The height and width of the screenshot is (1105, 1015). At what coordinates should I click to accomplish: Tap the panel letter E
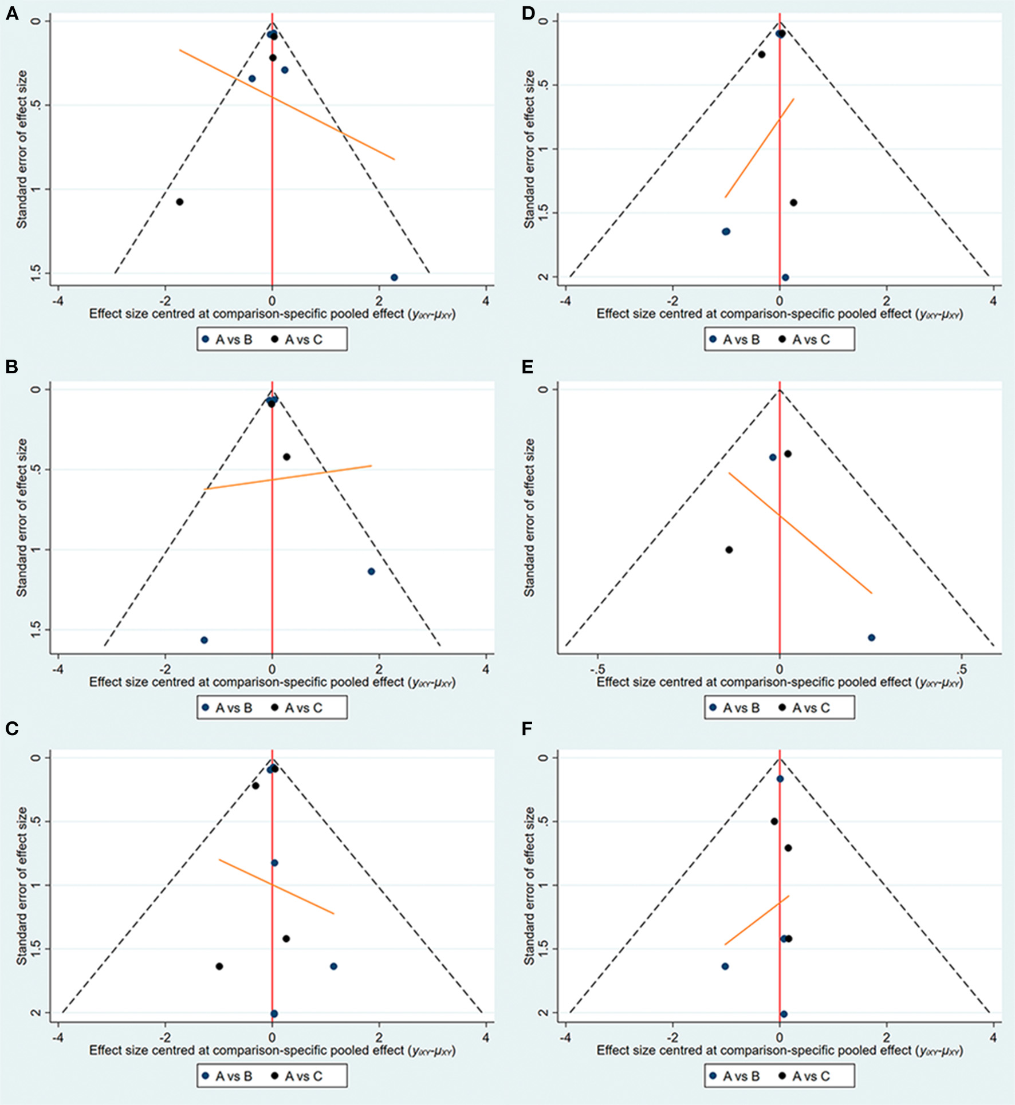[x=527, y=367]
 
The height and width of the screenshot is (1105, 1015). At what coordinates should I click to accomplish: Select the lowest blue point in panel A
[x=394, y=278]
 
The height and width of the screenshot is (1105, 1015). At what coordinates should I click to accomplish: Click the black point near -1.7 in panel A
[x=180, y=202]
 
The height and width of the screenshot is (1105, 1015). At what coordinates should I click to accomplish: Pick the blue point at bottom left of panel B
[x=204, y=640]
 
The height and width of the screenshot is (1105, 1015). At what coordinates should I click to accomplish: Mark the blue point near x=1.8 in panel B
[x=371, y=571]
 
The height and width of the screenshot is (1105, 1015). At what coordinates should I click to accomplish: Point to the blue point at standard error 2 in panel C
[x=274, y=1014]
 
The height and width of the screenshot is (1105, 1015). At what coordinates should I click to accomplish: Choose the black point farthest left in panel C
[x=219, y=966]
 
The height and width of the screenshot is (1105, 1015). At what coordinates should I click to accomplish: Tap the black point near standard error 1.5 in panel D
[x=793, y=203]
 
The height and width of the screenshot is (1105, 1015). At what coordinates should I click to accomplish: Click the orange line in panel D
[x=760, y=148]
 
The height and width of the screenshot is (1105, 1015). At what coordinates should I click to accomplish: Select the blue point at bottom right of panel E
[x=872, y=638]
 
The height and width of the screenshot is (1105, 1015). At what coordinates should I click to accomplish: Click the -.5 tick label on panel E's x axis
[x=597, y=669]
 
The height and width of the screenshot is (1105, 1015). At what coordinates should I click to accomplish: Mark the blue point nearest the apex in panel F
[x=780, y=779]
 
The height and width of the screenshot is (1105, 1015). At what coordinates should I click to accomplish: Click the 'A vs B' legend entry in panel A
[x=227, y=340]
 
